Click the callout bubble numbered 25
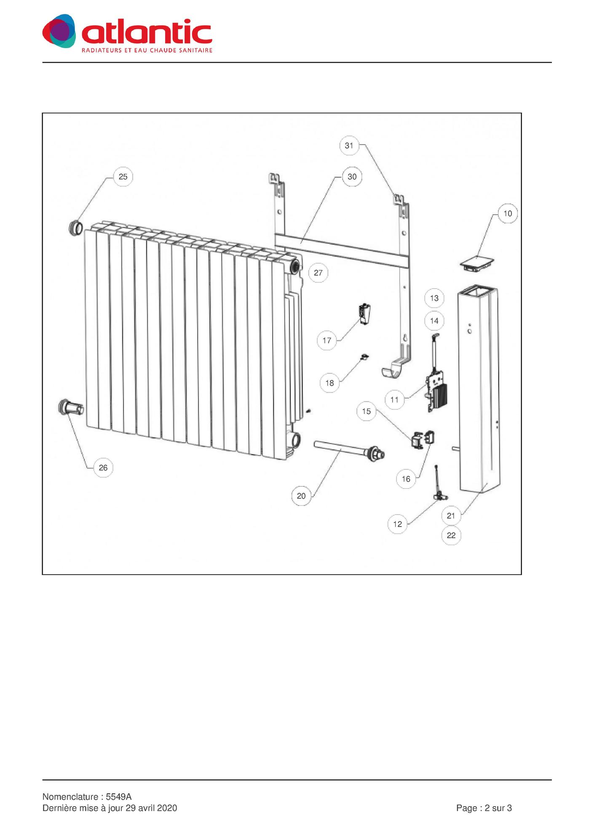click(x=123, y=177)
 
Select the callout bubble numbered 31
click(x=349, y=146)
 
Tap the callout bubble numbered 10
click(x=508, y=214)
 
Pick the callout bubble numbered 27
click(x=318, y=273)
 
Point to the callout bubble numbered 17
click(x=327, y=340)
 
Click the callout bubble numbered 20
click(x=301, y=496)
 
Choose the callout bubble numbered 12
click(x=398, y=524)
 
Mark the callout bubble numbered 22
click(x=451, y=536)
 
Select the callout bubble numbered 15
click(x=367, y=411)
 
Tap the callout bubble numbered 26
click(x=103, y=468)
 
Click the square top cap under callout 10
click(x=477, y=264)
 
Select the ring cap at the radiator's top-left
click(x=75, y=228)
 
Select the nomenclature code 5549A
click(x=119, y=797)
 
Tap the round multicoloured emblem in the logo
click(x=59, y=31)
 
